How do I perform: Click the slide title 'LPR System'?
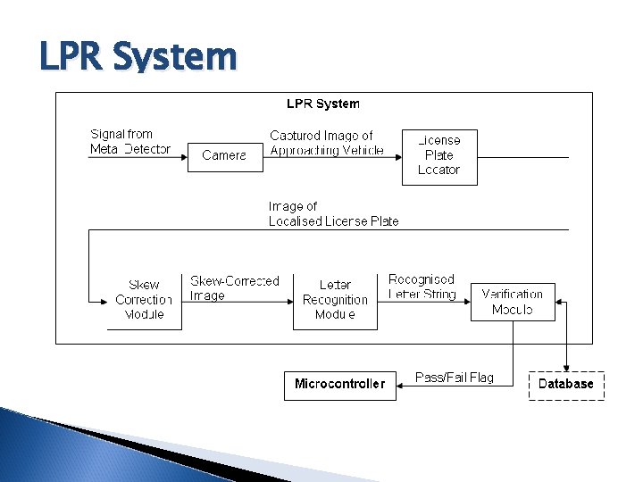click(x=138, y=57)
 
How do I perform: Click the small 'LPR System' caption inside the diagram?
click(x=323, y=104)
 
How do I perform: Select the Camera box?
click(x=225, y=155)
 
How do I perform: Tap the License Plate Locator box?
click(x=439, y=156)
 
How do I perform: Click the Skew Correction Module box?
click(x=144, y=300)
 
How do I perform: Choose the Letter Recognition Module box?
click(x=335, y=300)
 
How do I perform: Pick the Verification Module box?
click(x=513, y=302)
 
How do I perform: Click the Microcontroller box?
click(x=339, y=385)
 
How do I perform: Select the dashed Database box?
click(x=566, y=385)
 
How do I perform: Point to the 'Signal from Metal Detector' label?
click(x=130, y=142)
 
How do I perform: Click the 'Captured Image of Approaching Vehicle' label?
click(x=327, y=143)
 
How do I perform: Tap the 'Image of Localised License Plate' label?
click(x=333, y=214)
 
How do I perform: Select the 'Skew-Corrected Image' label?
click(x=234, y=287)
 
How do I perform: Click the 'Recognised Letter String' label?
click(x=422, y=287)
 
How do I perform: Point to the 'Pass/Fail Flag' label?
click(x=455, y=378)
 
